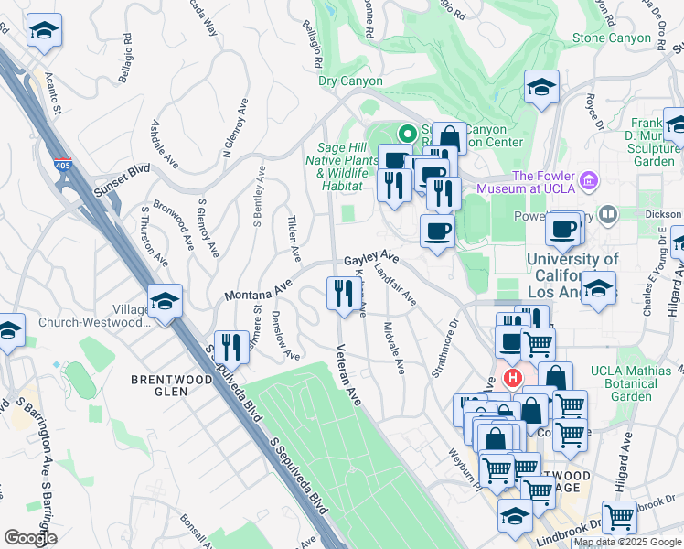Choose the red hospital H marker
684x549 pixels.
coord(513,376)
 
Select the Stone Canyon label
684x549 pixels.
coord(607,38)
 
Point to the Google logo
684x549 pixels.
coord(30,537)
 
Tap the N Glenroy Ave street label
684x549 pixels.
coord(235,125)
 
